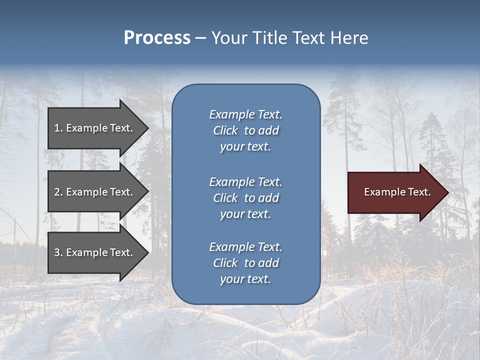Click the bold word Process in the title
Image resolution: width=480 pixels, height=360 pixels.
[x=157, y=38]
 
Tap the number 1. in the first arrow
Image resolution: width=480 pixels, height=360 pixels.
[x=58, y=128]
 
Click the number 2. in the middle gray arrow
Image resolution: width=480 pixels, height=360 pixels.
[x=58, y=192]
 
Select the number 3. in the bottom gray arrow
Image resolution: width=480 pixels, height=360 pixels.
[x=58, y=252]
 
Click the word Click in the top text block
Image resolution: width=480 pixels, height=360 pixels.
[x=225, y=130]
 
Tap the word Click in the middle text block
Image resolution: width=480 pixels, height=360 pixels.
[x=225, y=198]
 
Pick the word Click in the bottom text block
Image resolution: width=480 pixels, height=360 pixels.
[x=225, y=263]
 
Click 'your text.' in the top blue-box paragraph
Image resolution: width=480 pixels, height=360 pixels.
[x=245, y=146]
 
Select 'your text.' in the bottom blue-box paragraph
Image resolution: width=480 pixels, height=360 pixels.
[x=245, y=279]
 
